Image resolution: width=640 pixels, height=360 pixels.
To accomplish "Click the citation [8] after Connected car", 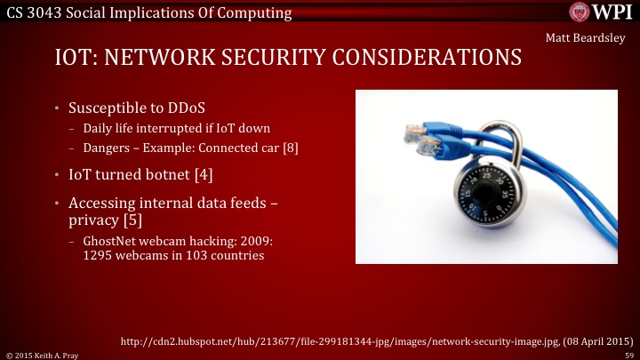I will (x=290, y=148).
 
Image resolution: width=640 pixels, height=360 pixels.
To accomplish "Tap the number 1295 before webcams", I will (x=98, y=255).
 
